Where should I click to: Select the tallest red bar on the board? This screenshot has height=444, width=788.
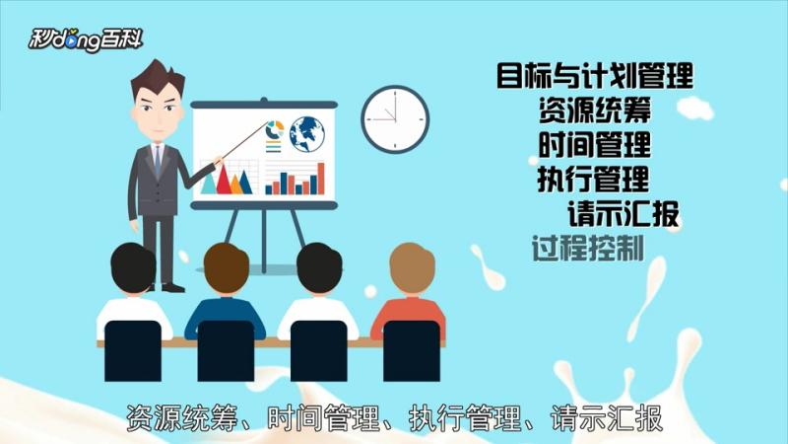(320, 178)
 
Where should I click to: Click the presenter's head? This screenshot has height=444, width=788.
(157, 99)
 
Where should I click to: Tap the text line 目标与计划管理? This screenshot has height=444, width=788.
(594, 75)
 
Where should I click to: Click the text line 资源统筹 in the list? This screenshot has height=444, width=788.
(594, 110)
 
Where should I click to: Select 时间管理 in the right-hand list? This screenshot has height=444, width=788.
(594, 144)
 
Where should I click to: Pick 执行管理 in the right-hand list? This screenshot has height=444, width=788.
(593, 180)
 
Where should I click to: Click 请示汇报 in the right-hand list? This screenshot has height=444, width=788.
(623, 213)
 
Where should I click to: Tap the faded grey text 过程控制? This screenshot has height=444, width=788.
(587, 248)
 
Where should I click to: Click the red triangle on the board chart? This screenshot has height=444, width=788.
(224, 181)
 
